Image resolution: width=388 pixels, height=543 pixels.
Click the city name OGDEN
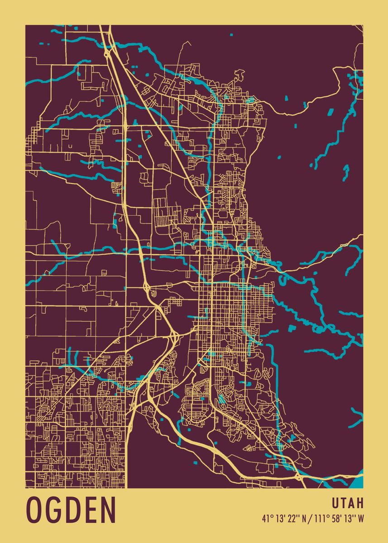[x=71, y=510]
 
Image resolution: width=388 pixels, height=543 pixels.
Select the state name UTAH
[x=348, y=503]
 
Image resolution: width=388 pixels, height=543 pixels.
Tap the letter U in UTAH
[x=335, y=503]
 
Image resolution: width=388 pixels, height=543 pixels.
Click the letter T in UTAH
[x=344, y=503]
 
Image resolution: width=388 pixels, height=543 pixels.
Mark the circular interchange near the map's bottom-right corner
[x=299, y=477]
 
